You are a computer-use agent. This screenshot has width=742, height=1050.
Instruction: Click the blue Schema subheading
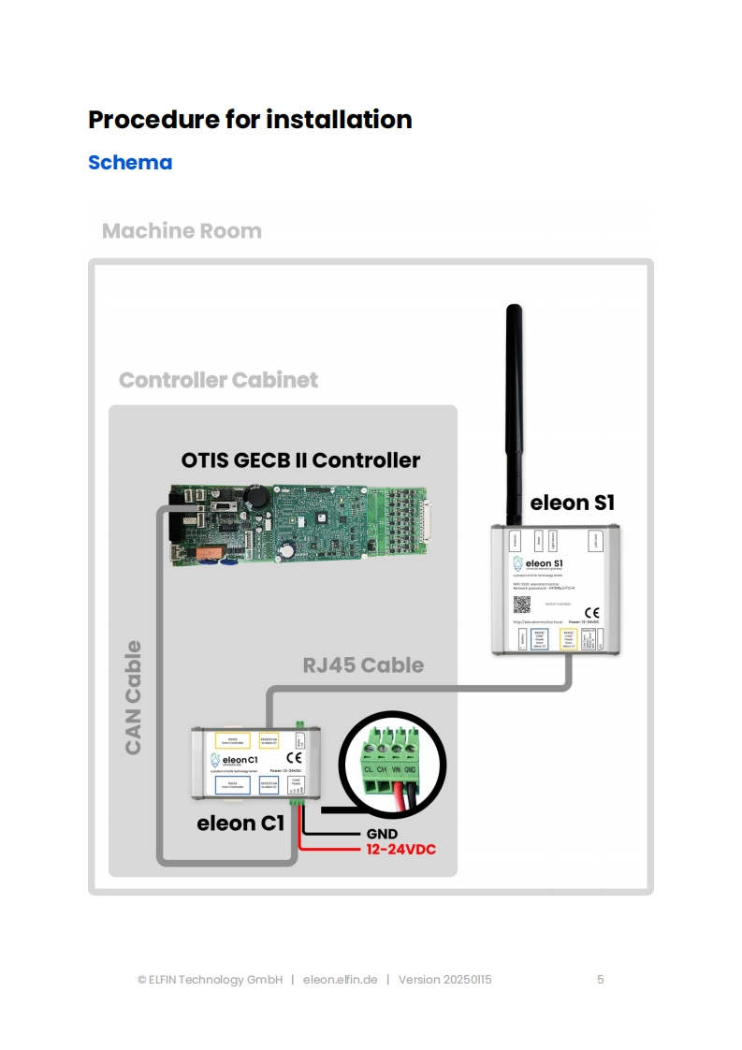pos(130,163)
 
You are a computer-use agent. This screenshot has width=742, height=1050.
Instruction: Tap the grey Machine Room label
pos(182,231)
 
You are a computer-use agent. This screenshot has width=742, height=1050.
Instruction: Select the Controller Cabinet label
pos(218,381)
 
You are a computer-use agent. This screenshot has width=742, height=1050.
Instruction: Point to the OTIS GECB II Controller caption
pos(300,460)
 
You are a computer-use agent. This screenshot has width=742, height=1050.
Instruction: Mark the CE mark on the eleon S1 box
pos(591,613)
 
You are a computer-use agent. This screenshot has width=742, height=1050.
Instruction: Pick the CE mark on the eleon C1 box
pos(294,757)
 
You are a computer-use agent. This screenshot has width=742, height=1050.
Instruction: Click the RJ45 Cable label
pos(363,665)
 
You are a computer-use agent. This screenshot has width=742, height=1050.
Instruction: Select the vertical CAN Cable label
pos(134,697)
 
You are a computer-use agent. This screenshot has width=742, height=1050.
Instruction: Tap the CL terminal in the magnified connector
pos(369,769)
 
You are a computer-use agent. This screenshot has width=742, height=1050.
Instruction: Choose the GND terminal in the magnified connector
pos(412,769)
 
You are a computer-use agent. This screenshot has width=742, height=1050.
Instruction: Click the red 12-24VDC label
pos(400,850)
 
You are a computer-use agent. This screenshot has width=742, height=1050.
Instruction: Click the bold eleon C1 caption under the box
pos(240,824)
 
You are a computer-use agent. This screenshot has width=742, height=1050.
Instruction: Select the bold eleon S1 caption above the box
pos(572,503)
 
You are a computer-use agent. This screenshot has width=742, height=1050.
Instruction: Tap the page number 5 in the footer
pos(601,980)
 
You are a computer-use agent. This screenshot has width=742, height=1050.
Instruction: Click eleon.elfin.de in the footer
pos(340,980)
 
